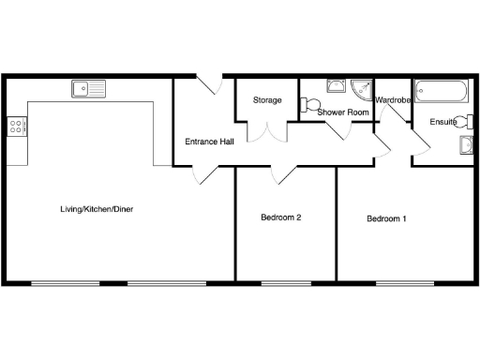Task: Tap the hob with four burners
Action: pos(16,127)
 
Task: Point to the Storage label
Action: pos(266,100)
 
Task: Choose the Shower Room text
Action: pos(343,112)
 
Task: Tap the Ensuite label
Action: pos(443,122)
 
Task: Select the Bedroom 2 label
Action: pos(280,218)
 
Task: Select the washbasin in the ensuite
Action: pos(466,144)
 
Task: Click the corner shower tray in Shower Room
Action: pos(362,88)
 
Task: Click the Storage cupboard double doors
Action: pos(266,132)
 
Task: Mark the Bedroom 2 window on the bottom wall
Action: pos(286,282)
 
